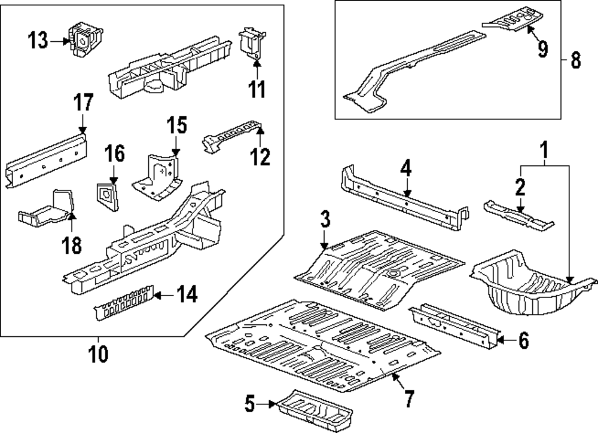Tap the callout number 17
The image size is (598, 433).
point(83,103)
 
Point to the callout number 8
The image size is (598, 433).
point(575,60)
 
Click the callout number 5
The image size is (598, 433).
point(251,405)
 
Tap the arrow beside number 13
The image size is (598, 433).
point(58,41)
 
